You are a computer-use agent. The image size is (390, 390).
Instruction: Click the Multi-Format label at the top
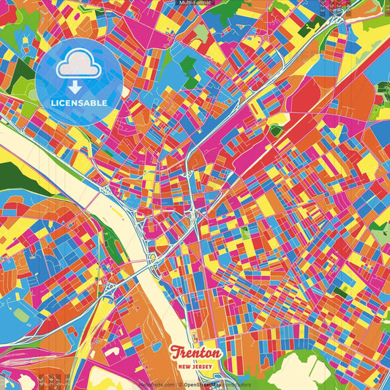point(195,3)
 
